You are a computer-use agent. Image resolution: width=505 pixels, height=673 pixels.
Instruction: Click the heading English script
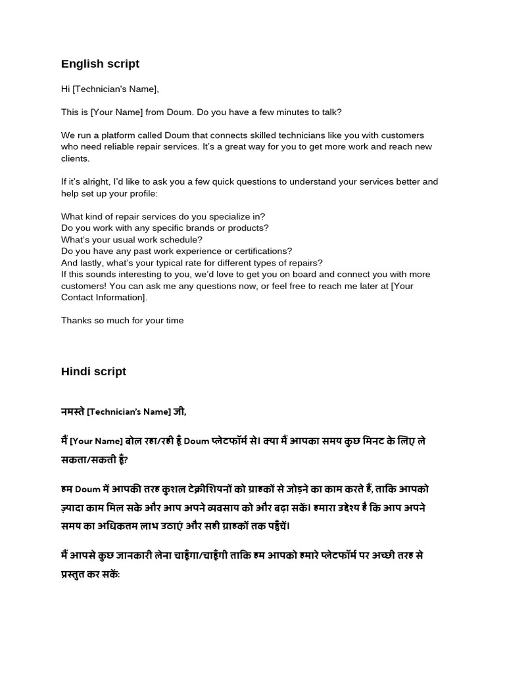pos(100,64)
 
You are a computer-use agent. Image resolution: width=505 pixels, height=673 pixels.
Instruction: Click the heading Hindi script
pos(93,371)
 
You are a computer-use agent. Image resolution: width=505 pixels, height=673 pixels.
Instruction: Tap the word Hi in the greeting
pos(65,89)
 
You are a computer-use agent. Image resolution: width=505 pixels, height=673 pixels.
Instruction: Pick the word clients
pos(75,158)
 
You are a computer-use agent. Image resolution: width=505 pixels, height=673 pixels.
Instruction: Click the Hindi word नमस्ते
pos(72,412)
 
